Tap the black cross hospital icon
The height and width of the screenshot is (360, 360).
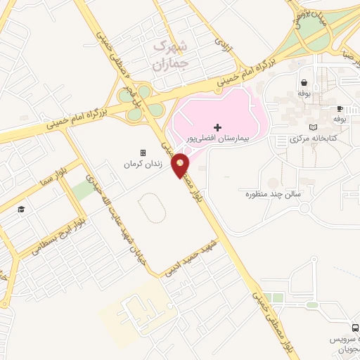[218, 127]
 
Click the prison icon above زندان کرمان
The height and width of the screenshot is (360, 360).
[143, 153]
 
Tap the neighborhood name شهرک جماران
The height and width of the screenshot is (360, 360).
[170, 55]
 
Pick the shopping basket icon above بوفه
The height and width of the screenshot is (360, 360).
[304, 82]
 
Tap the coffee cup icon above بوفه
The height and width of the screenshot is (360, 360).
[340, 108]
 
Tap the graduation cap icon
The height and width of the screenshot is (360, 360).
[22, 210]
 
